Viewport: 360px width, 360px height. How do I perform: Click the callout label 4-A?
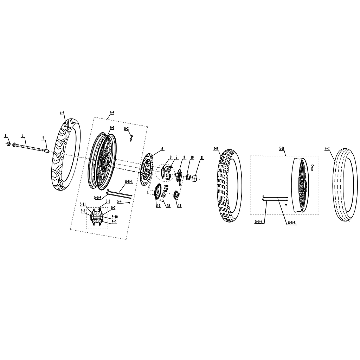pyautogui.click(x=62, y=113)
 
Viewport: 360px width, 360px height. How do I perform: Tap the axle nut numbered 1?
pyautogui.click(x=8, y=144)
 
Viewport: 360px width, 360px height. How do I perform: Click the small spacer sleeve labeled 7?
pyautogui.click(x=47, y=152)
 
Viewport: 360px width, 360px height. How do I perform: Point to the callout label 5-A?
pyautogui.click(x=112, y=113)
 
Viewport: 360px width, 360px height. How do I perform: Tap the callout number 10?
pyautogui.click(x=192, y=157)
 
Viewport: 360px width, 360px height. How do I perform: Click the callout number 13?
pyautogui.click(x=179, y=206)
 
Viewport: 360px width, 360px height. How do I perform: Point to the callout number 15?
pyautogui.click(x=168, y=206)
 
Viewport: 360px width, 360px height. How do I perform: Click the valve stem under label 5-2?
pyautogui.click(x=131, y=139)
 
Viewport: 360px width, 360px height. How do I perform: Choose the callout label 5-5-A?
pyautogui.click(x=129, y=182)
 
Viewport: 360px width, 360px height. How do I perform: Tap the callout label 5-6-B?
pyautogui.click(x=258, y=221)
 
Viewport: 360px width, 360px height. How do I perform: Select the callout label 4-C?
pyautogui.click(x=327, y=149)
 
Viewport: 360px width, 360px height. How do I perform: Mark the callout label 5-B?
pyautogui.click(x=282, y=149)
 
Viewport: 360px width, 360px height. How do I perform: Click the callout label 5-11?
pyautogui.click(x=83, y=204)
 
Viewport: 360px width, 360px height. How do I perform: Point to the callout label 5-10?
pyautogui.click(x=115, y=217)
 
